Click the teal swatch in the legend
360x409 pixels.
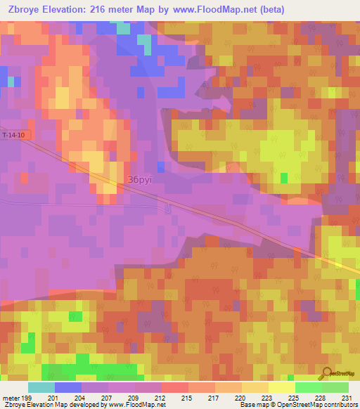click(x=41, y=387)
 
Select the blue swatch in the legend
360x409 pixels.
click(x=67, y=387)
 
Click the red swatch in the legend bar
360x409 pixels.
click(x=174, y=387)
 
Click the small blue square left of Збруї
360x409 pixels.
click(x=162, y=166)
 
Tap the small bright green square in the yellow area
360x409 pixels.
click(x=284, y=178)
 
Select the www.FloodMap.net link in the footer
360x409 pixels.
click(x=138, y=405)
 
